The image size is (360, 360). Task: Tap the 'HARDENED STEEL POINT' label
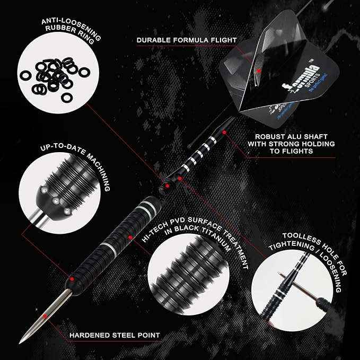115,335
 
